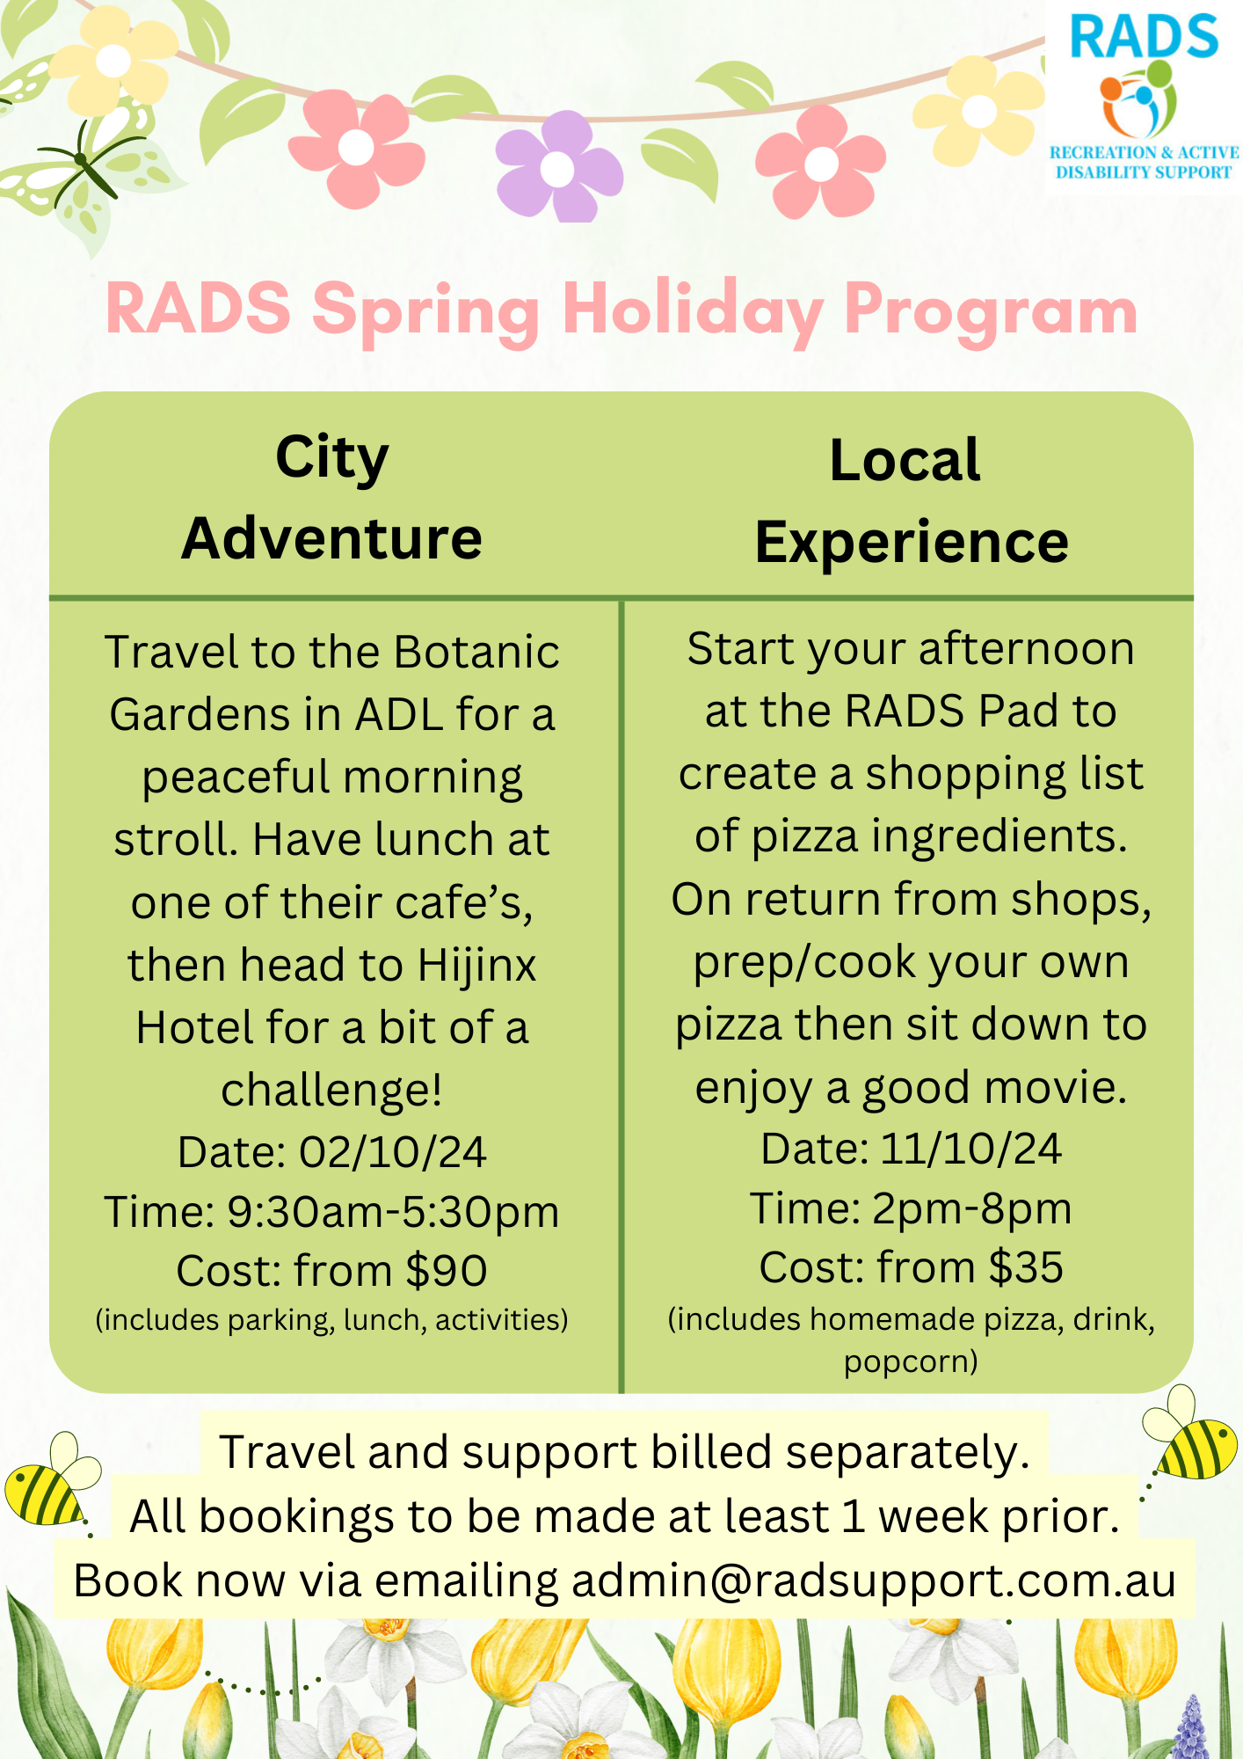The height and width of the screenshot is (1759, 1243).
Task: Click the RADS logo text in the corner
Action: click(1144, 37)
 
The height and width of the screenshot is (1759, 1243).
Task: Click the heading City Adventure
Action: click(332, 498)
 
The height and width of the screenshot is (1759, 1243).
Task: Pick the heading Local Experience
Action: click(912, 500)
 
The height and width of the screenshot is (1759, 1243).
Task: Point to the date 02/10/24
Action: click(393, 1152)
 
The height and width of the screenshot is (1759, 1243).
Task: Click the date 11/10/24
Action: click(970, 1149)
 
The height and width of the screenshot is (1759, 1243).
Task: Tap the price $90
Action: click(447, 1271)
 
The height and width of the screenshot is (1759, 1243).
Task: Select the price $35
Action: click(1026, 1267)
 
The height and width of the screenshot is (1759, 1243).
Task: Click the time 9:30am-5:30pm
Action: click(394, 1212)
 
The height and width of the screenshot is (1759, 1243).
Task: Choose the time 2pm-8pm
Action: click(972, 1208)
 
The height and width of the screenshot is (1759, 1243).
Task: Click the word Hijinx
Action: click(476, 967)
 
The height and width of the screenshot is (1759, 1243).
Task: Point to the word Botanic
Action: click(476, 652)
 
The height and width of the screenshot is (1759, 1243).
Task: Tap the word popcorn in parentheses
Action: click(911, 1361)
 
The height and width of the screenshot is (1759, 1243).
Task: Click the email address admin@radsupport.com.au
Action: click(874, 1580)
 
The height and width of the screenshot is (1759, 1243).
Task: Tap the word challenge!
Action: click(331, 1091)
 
